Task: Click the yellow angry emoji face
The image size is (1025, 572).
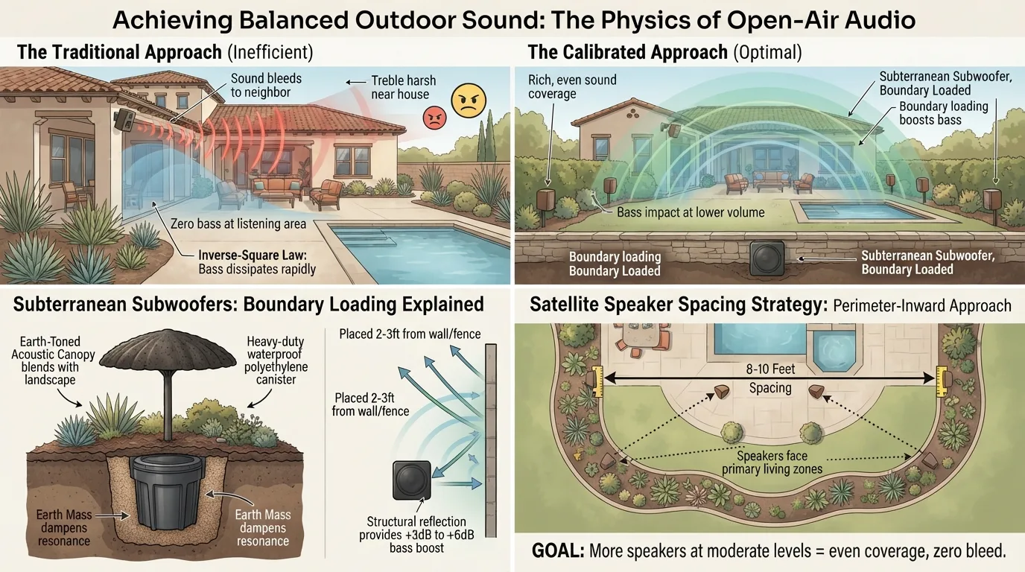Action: coord(469,101)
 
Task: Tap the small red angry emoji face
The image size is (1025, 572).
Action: coord(434,118)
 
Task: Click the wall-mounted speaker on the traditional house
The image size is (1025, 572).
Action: coord(124,120)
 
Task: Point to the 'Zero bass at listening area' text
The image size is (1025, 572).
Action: coord(238,223)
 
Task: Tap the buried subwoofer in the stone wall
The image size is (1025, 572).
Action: coord(767,258)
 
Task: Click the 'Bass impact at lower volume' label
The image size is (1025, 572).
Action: coord(691,212)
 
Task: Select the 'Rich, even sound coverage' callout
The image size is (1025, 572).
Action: coord(572,86)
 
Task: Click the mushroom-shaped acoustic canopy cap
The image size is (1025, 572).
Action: coord(168,350)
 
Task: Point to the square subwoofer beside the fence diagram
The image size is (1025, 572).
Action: coord(412,480)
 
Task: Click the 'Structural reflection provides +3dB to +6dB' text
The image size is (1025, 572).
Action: coord(416,528)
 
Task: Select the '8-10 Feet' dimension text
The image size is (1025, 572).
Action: coord(770,369)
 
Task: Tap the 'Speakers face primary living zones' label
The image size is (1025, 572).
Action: coord(772,463)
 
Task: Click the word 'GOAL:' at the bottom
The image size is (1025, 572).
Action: coord(558,551)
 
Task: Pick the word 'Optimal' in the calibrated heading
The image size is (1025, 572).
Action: coord(767,52)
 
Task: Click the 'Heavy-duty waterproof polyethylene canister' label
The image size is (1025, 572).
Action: coord(276,360)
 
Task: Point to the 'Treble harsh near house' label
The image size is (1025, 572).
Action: coord(403,87)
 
